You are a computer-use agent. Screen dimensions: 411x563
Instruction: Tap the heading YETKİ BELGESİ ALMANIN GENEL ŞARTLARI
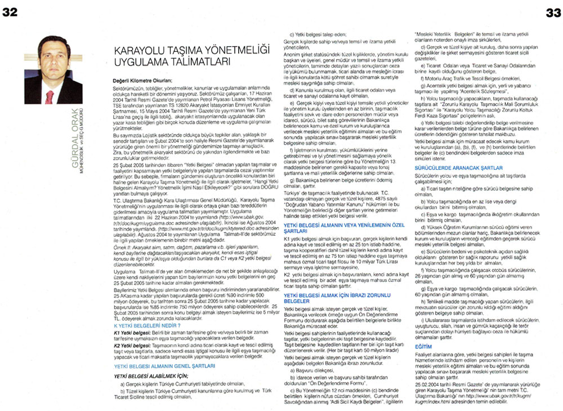tap(160, 365)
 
